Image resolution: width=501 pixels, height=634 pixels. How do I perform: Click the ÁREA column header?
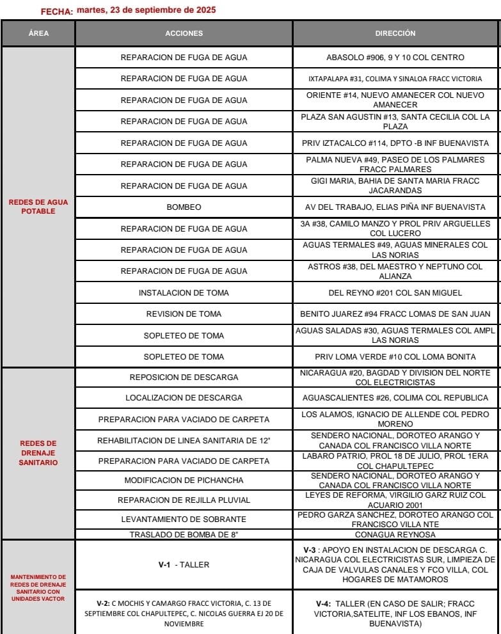pos(38,33)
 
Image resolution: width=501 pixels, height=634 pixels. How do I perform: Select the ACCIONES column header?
pos(184,33)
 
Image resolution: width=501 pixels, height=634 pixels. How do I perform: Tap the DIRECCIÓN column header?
pos(395,33)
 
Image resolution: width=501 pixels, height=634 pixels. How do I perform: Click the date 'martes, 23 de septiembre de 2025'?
pos(146,10)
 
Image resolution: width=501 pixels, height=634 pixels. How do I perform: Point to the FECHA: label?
pos(56,12)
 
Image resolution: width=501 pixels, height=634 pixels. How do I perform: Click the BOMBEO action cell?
pos(184,207)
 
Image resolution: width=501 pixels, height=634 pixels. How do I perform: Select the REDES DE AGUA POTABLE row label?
pos(38,207)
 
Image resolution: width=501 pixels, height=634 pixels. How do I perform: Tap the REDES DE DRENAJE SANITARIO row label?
pos(38,452)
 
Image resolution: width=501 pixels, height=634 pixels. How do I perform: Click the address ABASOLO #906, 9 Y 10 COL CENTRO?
pos(395,58)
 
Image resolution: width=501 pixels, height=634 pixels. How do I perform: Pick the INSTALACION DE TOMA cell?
pos(184,293)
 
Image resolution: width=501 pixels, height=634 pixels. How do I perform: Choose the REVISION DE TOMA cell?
pos(184,314)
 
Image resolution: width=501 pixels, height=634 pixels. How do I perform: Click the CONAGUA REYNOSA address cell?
pos(395,534)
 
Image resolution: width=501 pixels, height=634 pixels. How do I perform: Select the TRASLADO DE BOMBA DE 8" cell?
pos(184,534)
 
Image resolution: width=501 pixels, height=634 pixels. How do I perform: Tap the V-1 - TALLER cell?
pos(184,565)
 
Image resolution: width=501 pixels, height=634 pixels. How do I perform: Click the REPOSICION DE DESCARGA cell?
pos(184,377)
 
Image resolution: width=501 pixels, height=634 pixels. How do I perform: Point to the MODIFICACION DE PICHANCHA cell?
pos(184,480)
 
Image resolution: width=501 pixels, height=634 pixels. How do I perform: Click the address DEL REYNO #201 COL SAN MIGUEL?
pos(395,293)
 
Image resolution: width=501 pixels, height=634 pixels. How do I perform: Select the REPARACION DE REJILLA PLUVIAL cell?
pos(184,500)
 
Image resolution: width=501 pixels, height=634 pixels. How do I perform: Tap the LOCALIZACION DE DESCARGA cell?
pos(184,398)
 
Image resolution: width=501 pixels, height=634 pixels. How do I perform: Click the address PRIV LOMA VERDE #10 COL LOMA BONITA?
pos(395,356)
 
